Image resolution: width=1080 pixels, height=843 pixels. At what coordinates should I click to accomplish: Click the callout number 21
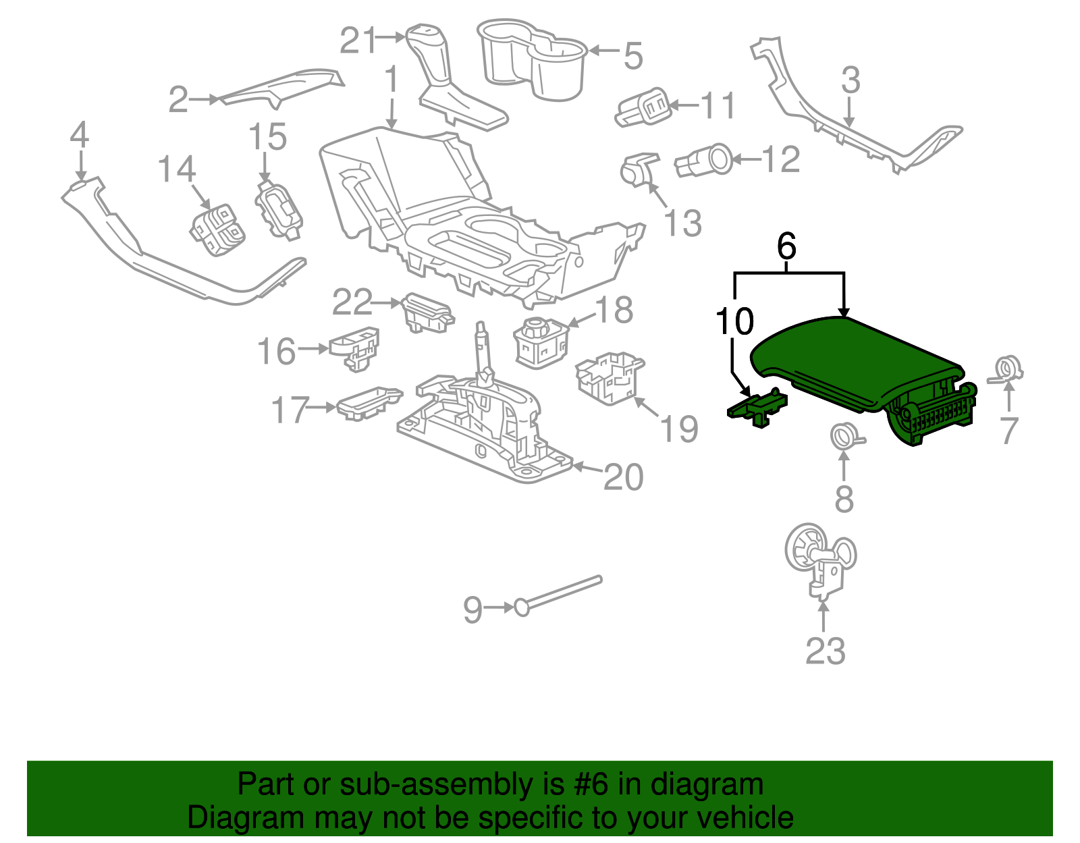pos(358,40)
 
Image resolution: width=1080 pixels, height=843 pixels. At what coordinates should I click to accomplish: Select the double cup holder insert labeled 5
pos(532,59)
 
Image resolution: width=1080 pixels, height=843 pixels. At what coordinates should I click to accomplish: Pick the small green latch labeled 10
pos(757,408)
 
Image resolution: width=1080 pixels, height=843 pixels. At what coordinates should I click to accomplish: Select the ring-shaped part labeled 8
pos(847,437)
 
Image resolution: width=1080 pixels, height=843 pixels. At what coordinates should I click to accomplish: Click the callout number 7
pos(1009,431)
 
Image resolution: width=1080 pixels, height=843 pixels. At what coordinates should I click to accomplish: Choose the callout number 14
pos(177,169)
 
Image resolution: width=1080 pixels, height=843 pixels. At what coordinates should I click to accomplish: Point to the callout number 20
pos(623,477)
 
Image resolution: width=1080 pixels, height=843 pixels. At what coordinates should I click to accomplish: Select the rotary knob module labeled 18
pos(541,342)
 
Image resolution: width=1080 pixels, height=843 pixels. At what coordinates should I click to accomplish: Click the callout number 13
pos(683,223)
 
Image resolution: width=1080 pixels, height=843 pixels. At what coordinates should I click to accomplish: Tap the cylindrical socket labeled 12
pos(703,160)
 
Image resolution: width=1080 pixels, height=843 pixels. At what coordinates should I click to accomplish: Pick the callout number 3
pos(850,80)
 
